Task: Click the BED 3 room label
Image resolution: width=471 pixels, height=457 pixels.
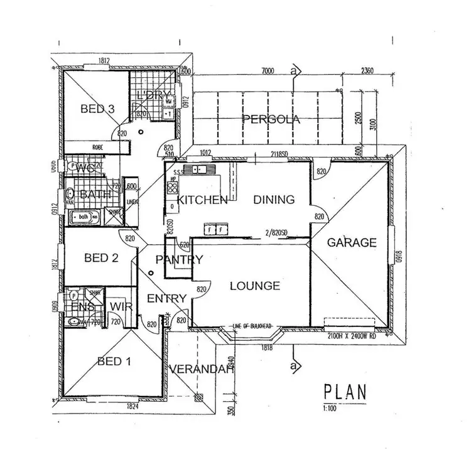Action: [x=97, y=109]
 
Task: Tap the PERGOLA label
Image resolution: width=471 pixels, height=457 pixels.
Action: [x=272, y=119]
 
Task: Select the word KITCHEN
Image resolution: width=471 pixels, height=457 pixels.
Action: [x=202, y=200]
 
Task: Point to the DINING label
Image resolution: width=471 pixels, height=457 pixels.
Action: [x=274, y=200]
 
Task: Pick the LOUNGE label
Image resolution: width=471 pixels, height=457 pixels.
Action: [x=254, y=286]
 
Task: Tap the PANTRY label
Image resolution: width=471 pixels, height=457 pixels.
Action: [x=179, y=259]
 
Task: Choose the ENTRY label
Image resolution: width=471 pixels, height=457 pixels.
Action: [x=166, y=298]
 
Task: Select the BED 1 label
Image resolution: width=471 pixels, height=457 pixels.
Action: [x=115, y=361]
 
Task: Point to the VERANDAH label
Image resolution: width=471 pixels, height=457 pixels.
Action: [x=202, y=369]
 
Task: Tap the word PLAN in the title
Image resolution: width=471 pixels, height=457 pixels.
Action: [x=345, y=392]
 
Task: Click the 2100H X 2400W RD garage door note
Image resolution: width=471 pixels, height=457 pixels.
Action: [x=351, y=336]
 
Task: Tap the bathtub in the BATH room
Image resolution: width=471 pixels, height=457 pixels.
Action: [x=83, y=217]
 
